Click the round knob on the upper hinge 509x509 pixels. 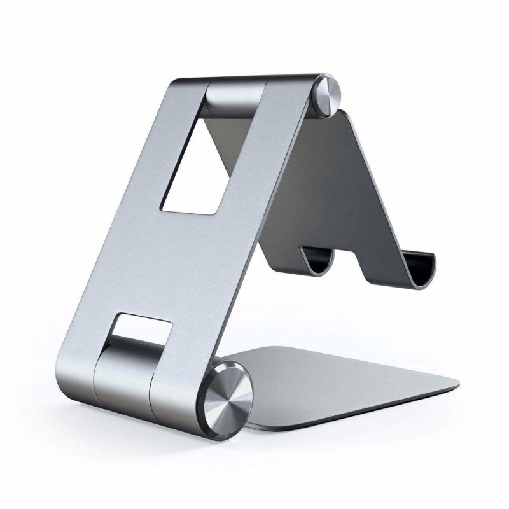[x=331, y=95]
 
